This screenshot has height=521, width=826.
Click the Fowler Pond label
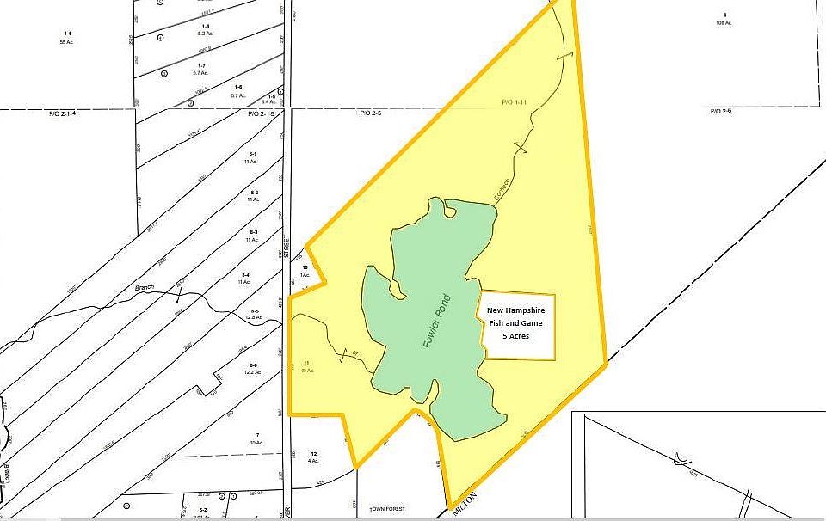(437, 322)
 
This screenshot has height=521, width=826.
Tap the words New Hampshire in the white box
(515, 310)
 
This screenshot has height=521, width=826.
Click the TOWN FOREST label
(387, 509)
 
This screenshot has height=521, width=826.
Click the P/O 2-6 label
(720, 112)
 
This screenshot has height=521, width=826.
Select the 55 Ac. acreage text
(65, 41)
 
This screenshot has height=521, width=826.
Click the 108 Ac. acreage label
(724, 22)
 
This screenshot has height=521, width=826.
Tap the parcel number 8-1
(251, 153)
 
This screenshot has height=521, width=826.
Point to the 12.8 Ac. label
(252, 318)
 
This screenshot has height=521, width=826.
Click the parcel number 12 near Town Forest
(314, 453)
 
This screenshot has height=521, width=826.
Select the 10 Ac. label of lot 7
(256, 443)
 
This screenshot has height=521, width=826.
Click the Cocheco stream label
(499, 190)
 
